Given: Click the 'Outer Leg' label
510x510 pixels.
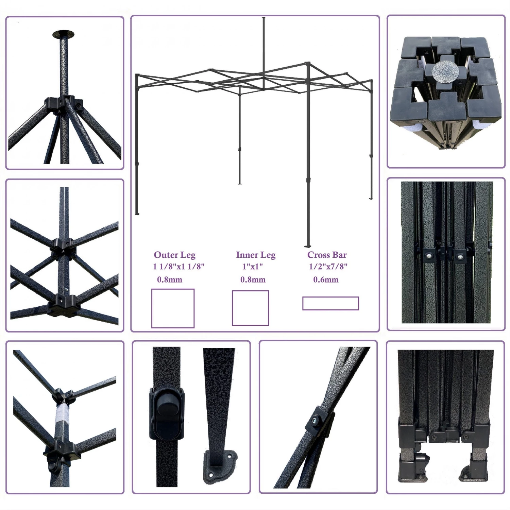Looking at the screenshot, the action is [175, 255].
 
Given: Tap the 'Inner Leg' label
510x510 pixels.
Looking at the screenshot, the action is [256, 255].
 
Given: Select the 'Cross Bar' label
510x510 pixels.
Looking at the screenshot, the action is [327, 255].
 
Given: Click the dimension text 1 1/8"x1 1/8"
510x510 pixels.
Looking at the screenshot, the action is [178, 267].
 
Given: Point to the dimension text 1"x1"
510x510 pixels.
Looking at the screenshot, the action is [253, 267].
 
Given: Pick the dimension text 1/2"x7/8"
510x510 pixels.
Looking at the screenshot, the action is [328, 267].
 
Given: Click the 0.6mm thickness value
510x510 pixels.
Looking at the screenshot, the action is [326, 280].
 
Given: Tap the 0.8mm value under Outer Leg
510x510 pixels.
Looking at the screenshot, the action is [170, 280].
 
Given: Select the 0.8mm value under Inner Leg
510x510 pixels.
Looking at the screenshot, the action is [253, 280].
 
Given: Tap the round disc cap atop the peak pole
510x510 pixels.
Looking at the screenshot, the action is [64, 34].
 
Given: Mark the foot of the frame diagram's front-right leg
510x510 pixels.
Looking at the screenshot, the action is [307, 246].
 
